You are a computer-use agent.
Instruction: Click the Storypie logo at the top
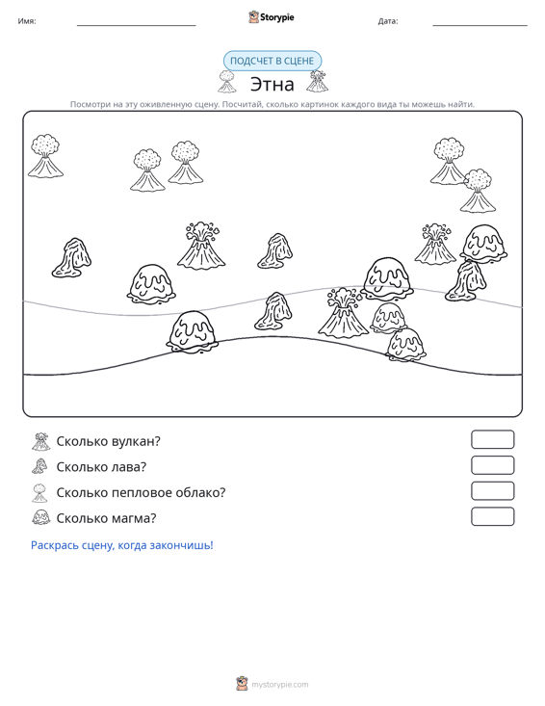(x=271, y=17)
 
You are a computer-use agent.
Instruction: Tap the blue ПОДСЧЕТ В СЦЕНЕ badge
(x=272, y=61)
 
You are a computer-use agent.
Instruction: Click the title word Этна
(x=272, y=84)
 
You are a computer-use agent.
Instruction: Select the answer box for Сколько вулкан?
(x=492, y=439)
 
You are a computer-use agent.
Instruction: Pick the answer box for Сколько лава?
(x=492, y=465)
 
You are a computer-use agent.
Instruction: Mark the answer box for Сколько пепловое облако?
(x=492, y=491)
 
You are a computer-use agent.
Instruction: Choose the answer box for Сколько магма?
(x=492, y=516)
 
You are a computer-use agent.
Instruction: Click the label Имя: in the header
(x=27, y=21)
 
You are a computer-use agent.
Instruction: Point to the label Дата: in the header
(x=388, y=21)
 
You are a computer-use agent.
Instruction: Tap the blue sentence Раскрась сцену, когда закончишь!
(x=122, y=545)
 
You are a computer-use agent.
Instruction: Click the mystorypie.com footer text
(x=279, y=685)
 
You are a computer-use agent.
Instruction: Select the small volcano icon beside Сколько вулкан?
(x=41, y=441)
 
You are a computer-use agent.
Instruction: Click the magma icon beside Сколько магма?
(x=41, y=517)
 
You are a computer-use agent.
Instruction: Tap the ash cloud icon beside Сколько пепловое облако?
(x=40, y=492)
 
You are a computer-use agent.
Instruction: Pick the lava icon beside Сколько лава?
(x=40, y=466)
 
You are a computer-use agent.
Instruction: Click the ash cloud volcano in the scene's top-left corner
(x=45, y=156)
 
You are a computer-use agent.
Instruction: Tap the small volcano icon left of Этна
(x=227, y=82)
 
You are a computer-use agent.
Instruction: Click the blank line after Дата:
(x=480, y=25)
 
